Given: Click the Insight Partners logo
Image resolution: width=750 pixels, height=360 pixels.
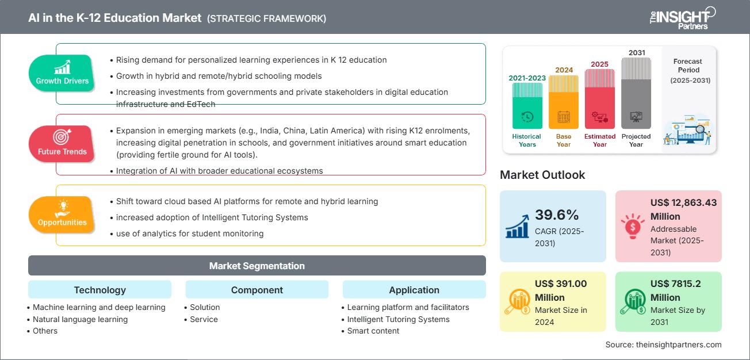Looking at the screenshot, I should (682, 17).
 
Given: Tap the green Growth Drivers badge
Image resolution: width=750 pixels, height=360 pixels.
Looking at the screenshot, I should (62, 73).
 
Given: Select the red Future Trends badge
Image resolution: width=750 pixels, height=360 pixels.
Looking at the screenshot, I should (62, 144).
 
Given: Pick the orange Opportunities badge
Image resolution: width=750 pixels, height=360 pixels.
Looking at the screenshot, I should (62, 215).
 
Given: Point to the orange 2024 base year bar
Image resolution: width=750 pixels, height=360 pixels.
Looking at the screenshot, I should (564, 102).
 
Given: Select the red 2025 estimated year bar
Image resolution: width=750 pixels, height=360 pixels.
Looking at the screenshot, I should (600, 98).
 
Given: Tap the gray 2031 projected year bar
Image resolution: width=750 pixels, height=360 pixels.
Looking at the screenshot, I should (636, 92).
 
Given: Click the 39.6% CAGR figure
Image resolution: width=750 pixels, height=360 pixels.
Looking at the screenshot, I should (557, 215).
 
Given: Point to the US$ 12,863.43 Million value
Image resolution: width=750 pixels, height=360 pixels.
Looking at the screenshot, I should (683, 209).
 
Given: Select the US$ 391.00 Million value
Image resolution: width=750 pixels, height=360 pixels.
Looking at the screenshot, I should (561, 290).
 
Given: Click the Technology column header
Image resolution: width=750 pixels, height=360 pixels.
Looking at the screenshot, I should (100, 290).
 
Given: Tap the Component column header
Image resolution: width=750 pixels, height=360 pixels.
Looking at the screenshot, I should (257, 290).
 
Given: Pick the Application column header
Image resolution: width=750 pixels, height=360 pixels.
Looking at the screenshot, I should (414, 290).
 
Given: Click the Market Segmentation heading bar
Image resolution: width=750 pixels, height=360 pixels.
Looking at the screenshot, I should (257, 266).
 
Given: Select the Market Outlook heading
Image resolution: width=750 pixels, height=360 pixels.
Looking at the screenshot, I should (542, 175).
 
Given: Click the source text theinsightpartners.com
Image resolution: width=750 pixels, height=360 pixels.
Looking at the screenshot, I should (663, 344).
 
